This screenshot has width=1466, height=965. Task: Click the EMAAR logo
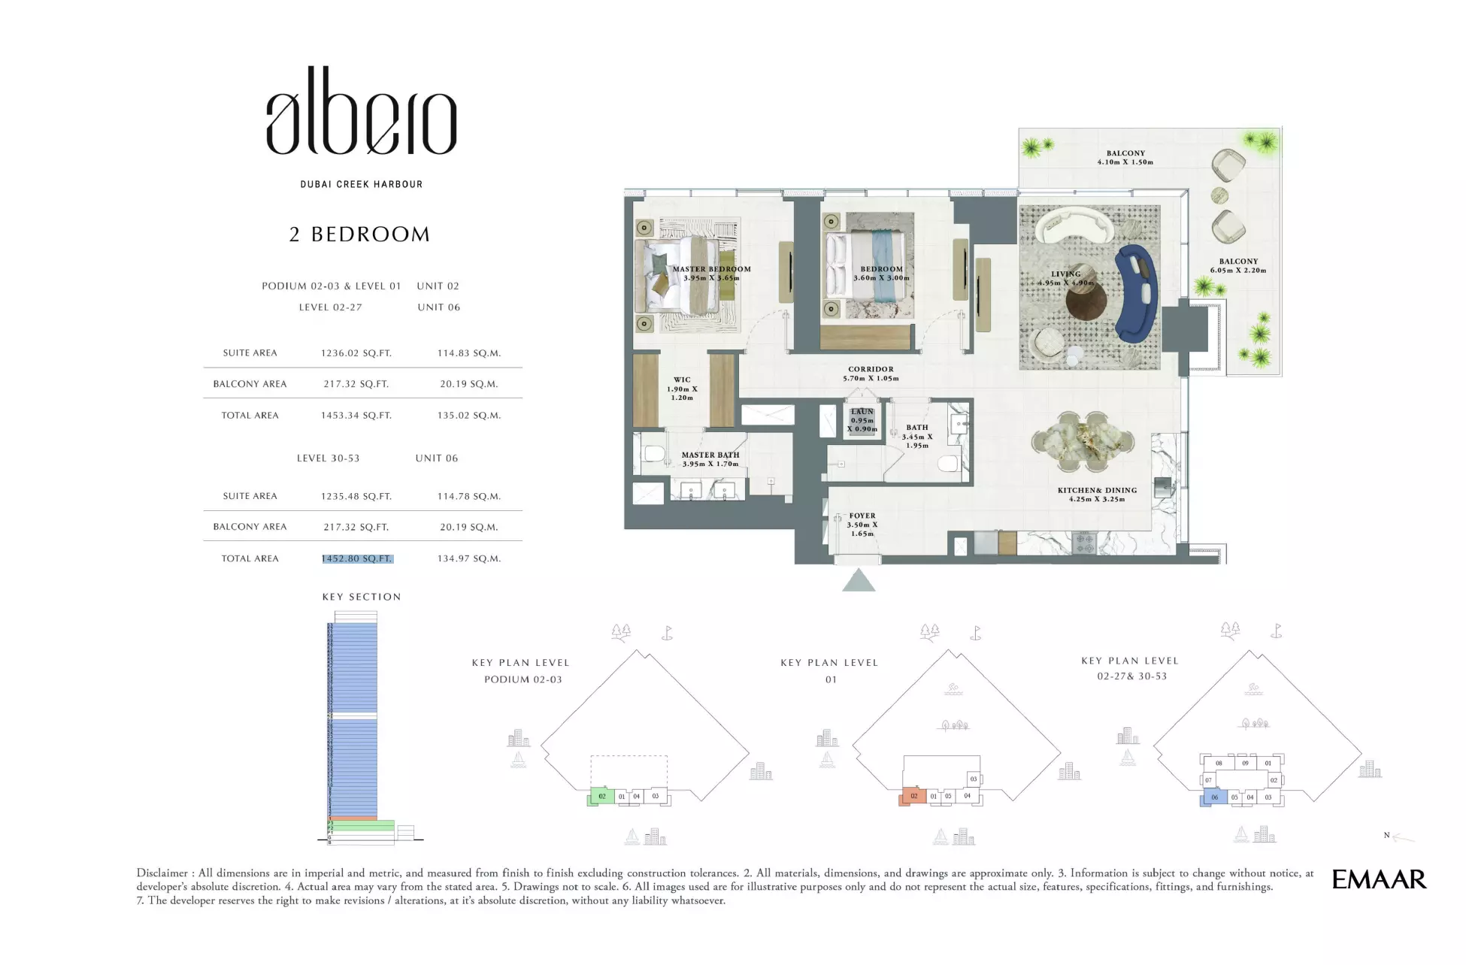click(x=1379, y=879)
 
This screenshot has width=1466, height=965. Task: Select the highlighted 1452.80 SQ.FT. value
click(x=357, y=558)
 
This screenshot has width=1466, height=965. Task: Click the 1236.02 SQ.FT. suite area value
click(x=356, y=352)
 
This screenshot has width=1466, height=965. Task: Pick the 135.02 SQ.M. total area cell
click(x=469, y=415)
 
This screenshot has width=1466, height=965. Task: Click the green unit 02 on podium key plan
click(x=601, y=797)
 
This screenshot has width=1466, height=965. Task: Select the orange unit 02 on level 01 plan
click(x=913, y=797)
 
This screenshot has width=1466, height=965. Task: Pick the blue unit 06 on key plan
click(x=1213, y=797)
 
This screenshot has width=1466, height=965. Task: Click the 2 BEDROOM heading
click(x=359, y=234)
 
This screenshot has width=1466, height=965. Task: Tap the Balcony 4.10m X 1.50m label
click(x=1125, y=158)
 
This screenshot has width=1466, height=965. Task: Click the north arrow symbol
click(x=1401, y=836)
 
